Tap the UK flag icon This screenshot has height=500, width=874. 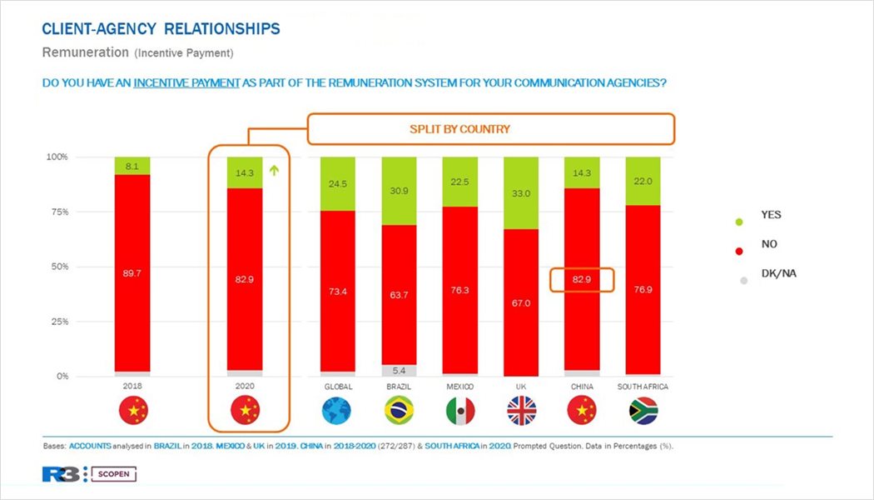[522, 411]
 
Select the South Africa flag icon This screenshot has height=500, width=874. [643, 411]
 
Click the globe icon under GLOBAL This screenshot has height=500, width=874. [336, 411]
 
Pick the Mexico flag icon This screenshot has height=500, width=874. [460, 411]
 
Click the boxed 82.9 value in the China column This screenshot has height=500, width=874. [583, 280]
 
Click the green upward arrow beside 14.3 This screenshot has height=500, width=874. [273, 172]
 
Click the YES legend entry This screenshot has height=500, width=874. [771, 215]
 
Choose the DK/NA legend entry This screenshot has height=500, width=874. [778, 273]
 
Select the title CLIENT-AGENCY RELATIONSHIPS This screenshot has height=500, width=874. [161, 29]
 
